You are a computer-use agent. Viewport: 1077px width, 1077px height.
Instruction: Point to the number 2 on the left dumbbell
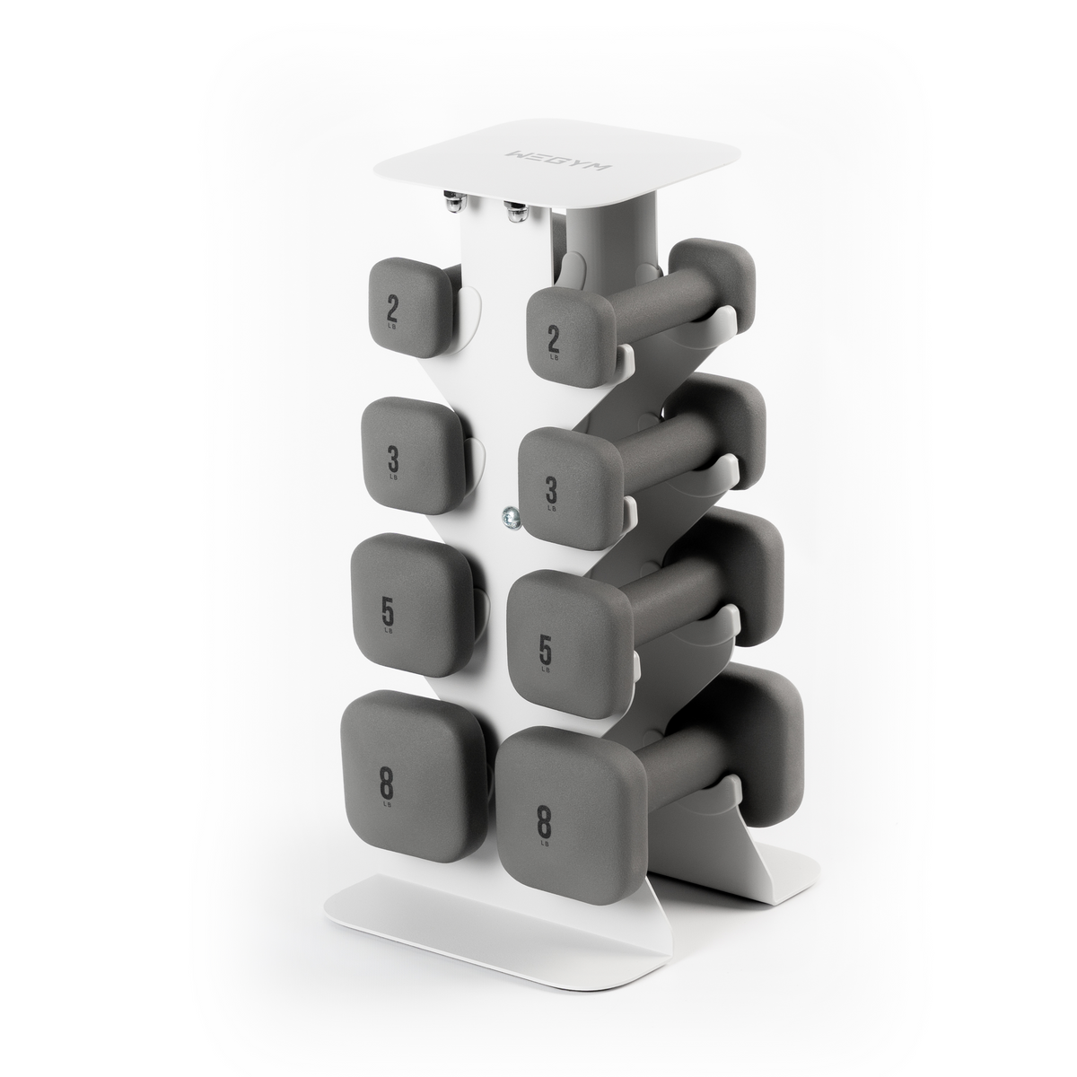click(392, 308)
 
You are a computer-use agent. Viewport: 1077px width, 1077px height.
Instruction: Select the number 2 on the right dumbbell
click(553, 339)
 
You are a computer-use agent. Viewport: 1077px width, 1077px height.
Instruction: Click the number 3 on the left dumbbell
click(393, 459)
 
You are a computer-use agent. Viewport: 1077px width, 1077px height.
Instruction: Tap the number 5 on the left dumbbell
click(388, 610)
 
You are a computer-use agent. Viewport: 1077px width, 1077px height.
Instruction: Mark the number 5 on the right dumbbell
click(545, 646)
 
